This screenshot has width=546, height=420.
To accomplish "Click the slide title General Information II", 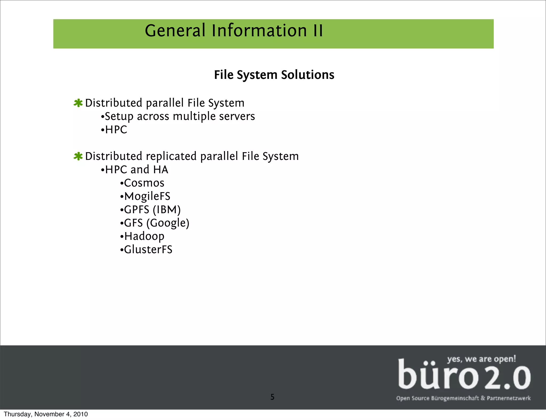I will point(234,30).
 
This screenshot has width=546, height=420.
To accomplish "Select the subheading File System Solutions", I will point(274,75).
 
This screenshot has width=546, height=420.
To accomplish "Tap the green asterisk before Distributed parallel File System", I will point(78,103).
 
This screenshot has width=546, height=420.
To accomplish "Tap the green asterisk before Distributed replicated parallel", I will point(78,156).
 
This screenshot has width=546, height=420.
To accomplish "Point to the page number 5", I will point(272,397).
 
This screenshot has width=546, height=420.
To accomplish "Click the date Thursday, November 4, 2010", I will point(46,414).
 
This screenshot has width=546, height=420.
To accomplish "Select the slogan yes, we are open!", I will point(481,359).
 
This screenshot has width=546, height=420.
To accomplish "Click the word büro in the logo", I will point(438,375).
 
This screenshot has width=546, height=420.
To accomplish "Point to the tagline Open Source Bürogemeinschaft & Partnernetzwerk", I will point(463,398).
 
